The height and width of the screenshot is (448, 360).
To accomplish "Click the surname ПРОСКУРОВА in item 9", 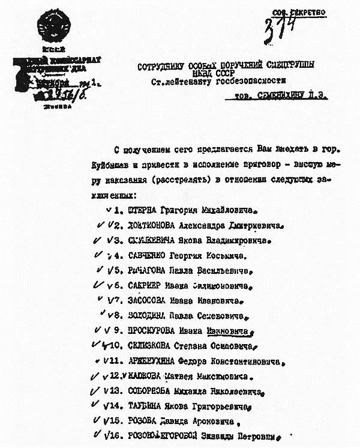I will point(154,331).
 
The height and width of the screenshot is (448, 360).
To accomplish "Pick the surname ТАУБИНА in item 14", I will point(146,406).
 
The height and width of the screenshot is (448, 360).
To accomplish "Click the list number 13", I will point(115,391).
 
